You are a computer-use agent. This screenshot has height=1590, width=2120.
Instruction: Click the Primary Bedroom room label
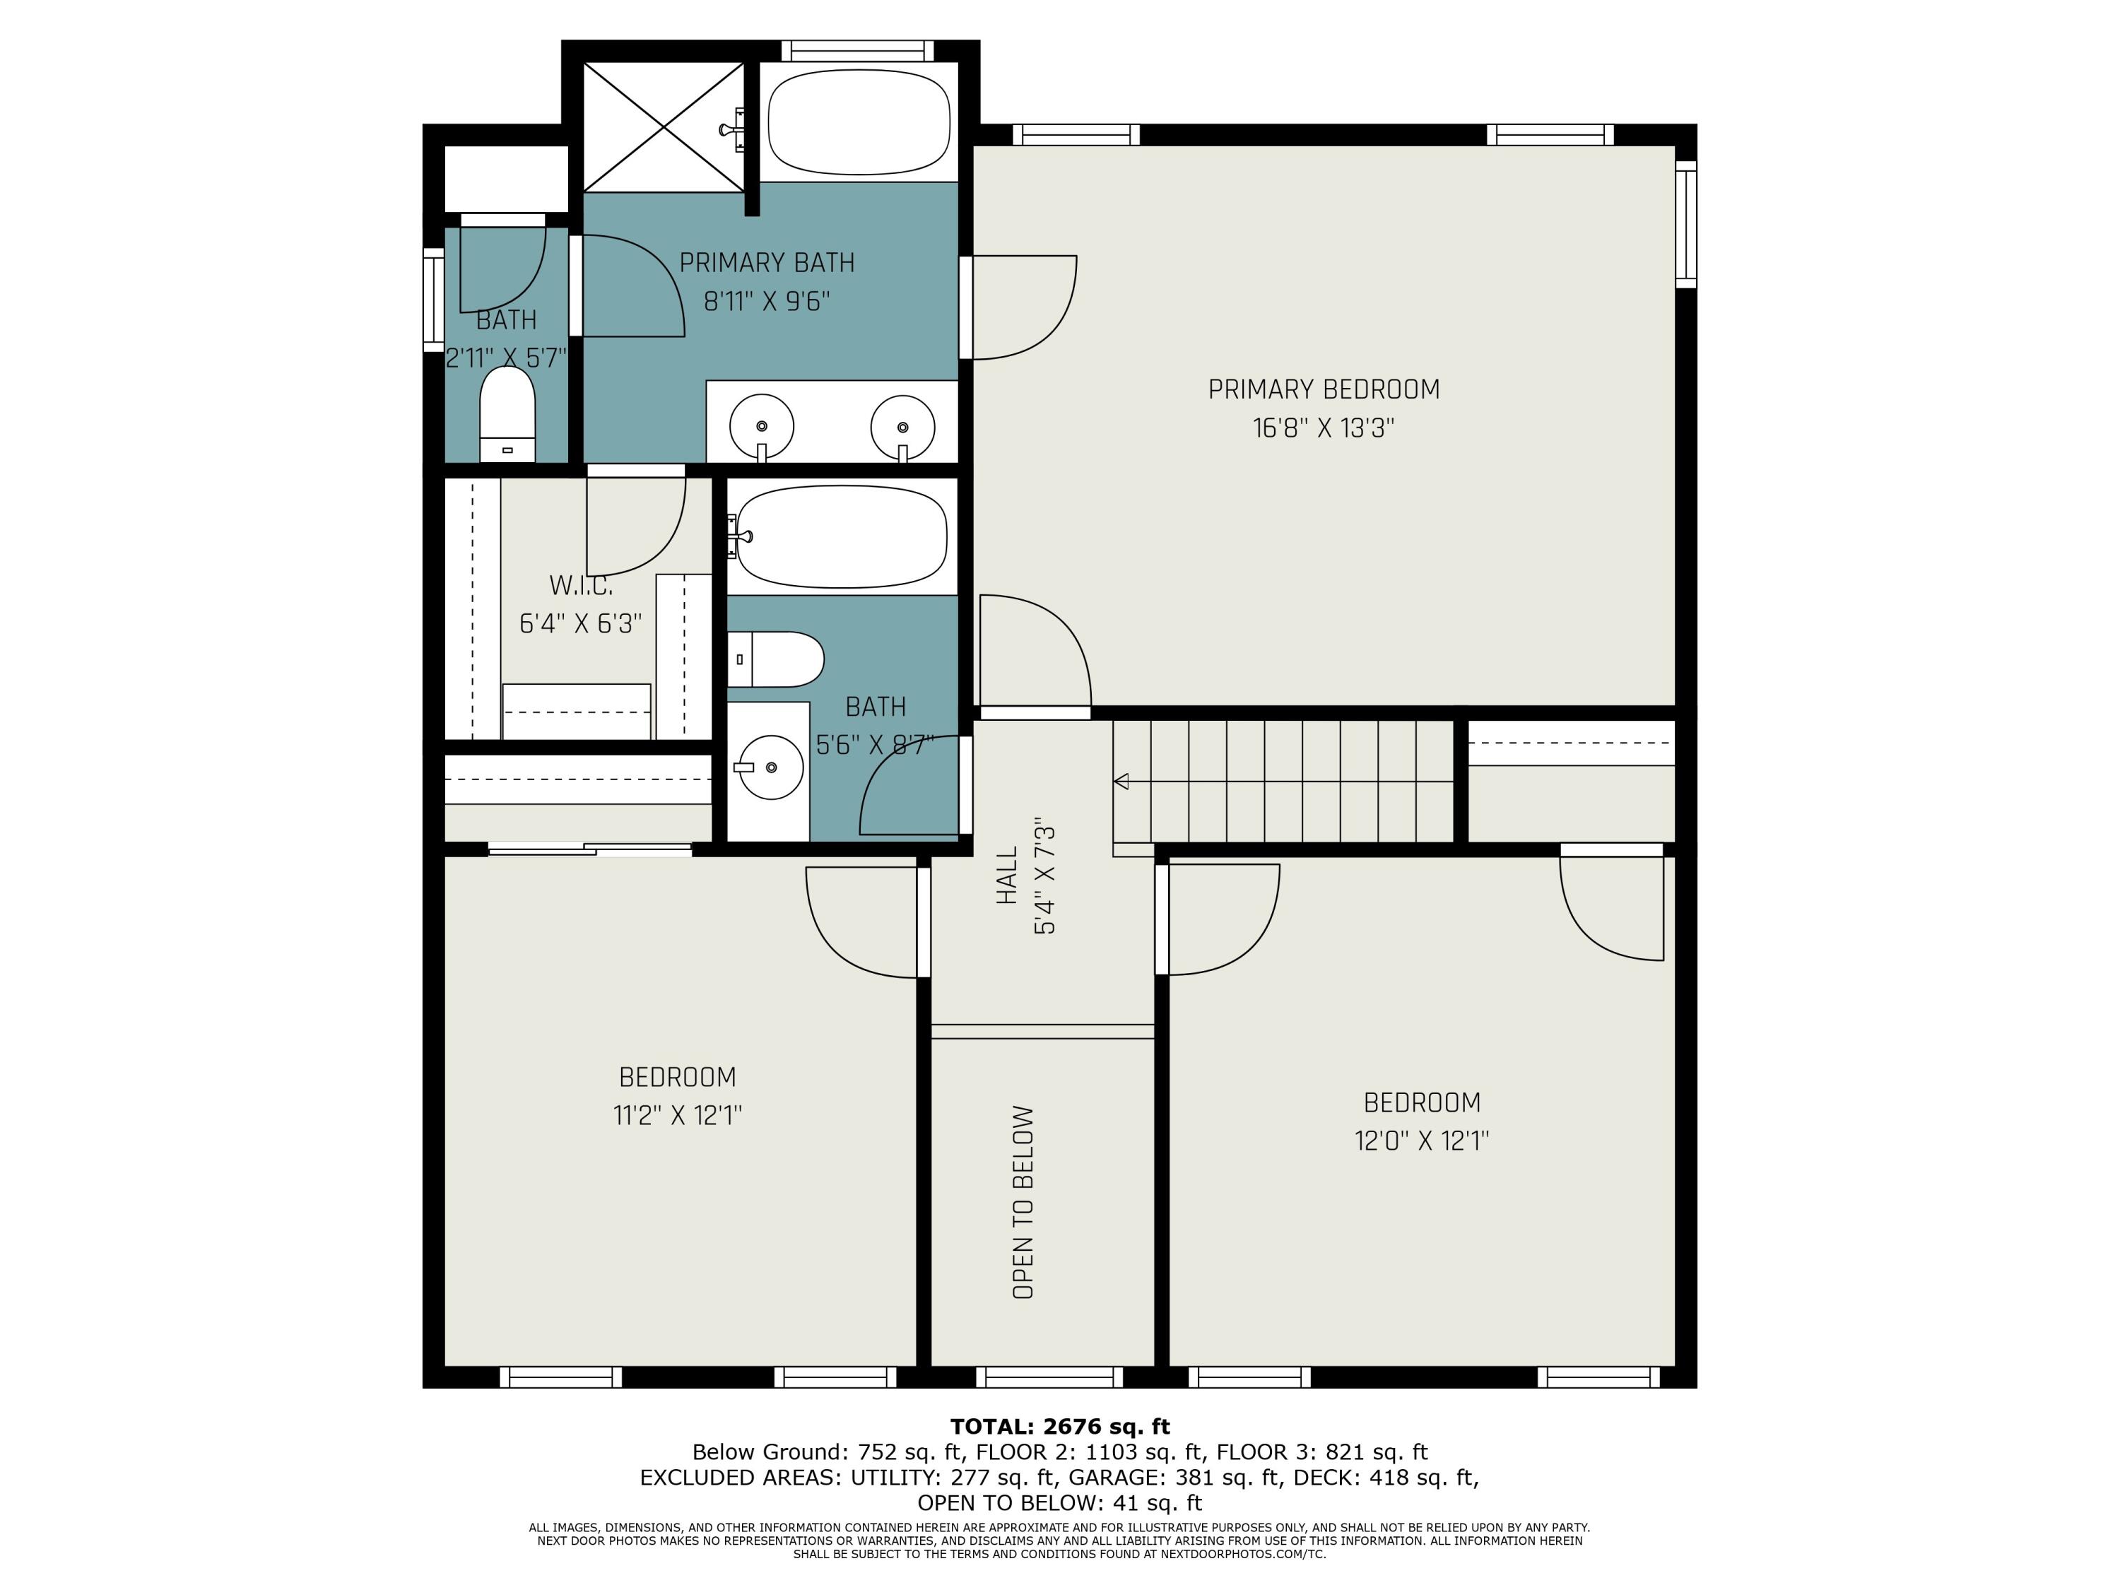1324,389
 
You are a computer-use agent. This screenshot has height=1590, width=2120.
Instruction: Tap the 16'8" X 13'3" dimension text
1324,428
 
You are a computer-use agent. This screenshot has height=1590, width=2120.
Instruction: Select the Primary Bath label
767,263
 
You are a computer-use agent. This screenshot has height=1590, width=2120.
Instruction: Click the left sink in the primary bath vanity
762,427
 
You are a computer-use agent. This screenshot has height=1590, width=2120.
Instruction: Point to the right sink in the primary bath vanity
903,427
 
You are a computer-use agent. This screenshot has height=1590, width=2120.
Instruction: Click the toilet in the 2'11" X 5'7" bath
507,415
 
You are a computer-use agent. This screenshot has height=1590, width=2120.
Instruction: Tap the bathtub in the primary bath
859,122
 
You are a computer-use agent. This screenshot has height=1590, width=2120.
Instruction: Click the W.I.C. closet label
581,584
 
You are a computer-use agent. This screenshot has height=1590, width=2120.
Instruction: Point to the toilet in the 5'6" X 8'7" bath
775,659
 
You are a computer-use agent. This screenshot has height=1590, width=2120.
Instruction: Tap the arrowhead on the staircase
1120,781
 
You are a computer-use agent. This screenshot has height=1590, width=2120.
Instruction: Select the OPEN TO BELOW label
1023,1203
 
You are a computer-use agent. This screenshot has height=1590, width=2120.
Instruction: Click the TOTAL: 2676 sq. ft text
1060,1426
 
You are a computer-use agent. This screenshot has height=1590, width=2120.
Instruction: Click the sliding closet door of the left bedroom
590,848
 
